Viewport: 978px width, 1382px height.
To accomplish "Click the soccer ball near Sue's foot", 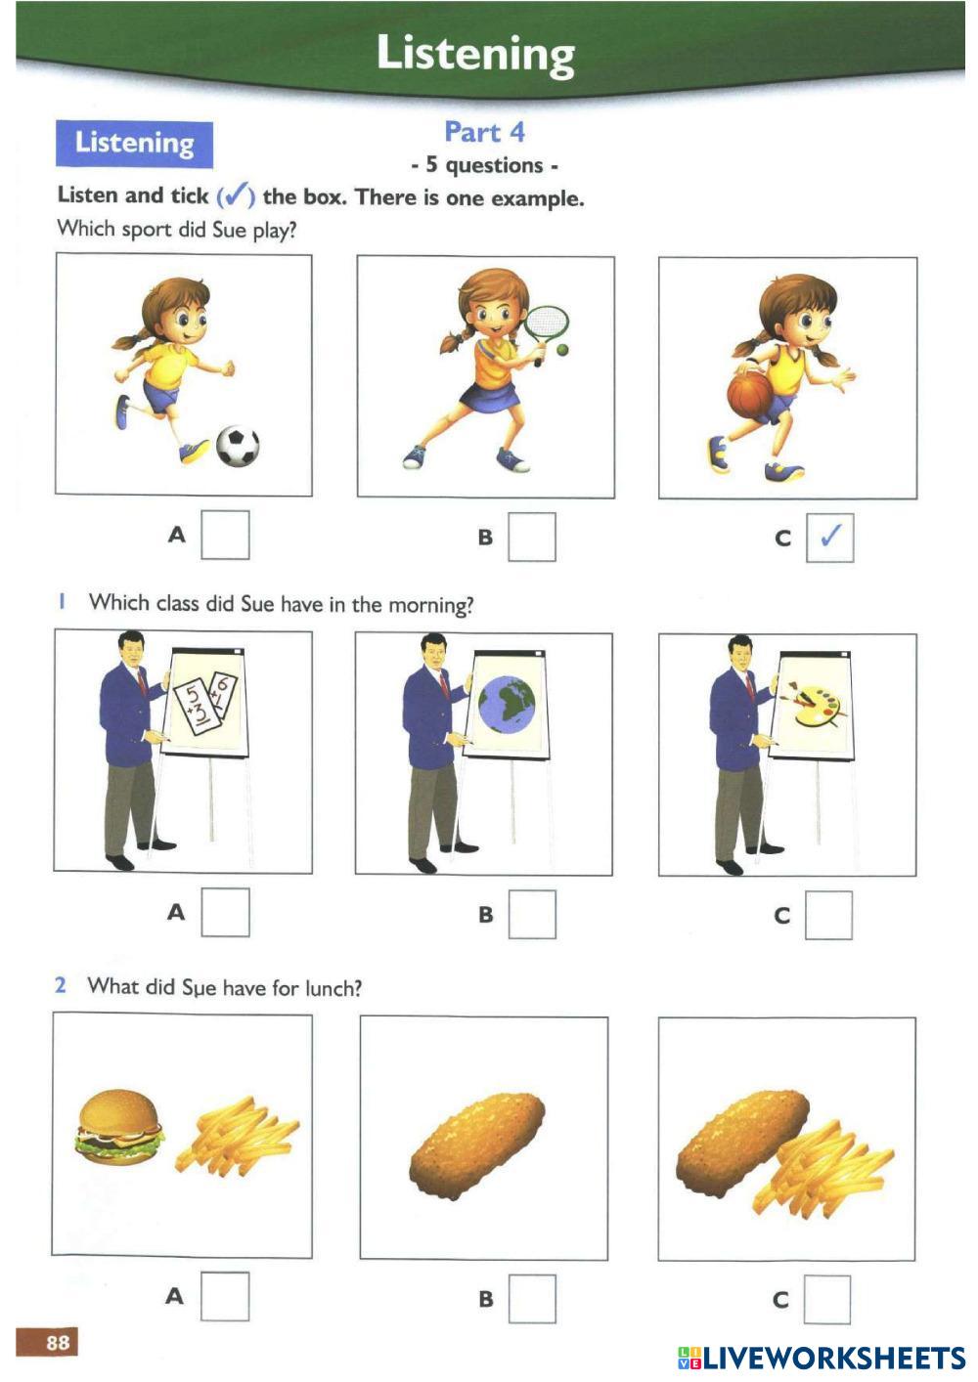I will click(x=237, y=447).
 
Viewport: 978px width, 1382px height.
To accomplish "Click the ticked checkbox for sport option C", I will click(x=829, y=538).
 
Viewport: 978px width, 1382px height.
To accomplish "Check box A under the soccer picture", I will click(x=225, y=536).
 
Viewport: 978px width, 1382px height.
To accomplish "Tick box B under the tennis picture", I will click(x=532, y=538).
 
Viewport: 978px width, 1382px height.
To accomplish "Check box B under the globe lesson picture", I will click(x=532, y=915).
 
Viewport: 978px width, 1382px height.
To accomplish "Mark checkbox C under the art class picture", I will click(x=828, y=916).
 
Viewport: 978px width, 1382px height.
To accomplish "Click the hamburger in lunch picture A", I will click(x=119, y=1128).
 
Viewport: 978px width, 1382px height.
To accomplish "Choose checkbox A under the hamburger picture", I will click(x=225, y=1297).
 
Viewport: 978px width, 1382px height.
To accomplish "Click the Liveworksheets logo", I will click(x=821, y=1358).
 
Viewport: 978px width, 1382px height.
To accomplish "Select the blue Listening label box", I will click(x=134, y=144).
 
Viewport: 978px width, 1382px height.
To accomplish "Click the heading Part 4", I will click(x=484, y=132).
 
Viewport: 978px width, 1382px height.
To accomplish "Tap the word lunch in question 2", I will click(x=333, y=988).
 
